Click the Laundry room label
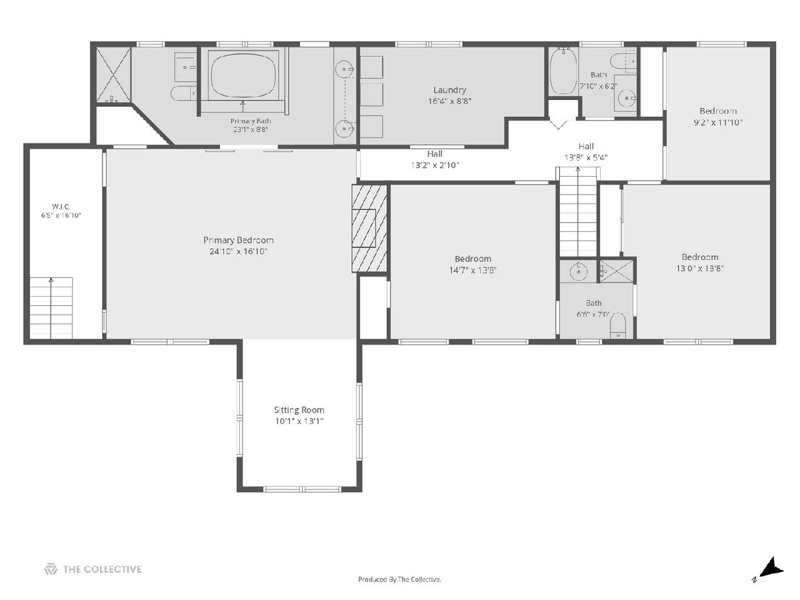pos(449,90)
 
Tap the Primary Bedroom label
pos(239,240)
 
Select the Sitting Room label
pos(299,410)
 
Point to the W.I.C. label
pos(61,207)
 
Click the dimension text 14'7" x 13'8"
pos(473,270)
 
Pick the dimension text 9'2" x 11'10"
pos(717,123)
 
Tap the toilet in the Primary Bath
pos(184,93)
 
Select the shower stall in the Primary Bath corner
pos(113,75)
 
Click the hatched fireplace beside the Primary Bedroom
pos(369,228)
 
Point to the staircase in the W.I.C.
pos(51,308)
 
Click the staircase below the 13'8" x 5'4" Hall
pos(578,211)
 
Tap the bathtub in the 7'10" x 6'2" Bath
pos(563,71)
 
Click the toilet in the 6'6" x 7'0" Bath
pos(618,325)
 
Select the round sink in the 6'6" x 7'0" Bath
pos(579,271)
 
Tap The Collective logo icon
pos(51,569)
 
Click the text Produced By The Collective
pos(399,579)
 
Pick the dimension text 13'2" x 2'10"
pos(435,165)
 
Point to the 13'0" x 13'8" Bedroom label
pos(700,257)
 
